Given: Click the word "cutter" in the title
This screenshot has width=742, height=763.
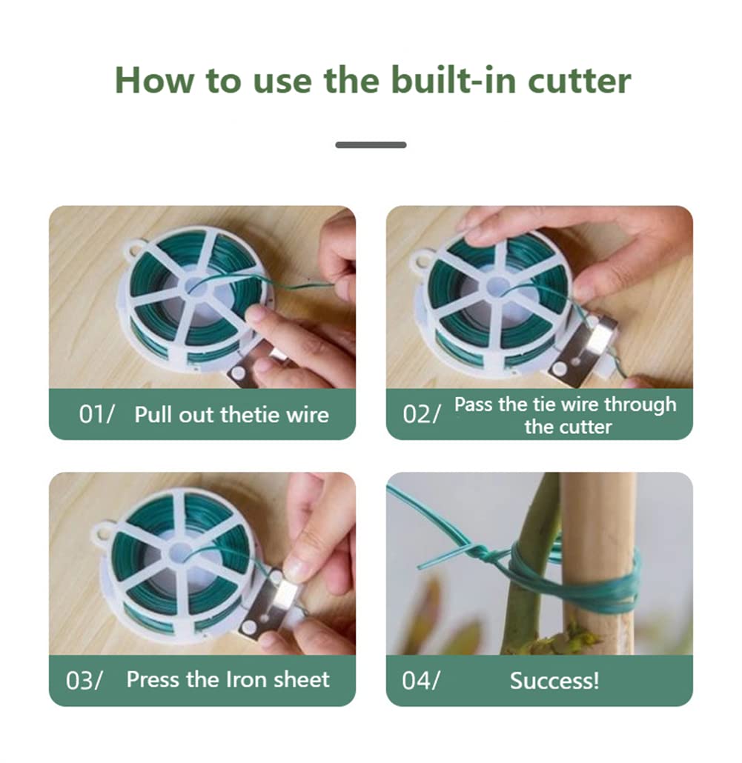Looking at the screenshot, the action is click(579, 80).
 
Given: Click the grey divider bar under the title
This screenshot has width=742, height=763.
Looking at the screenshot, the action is click(371, 144).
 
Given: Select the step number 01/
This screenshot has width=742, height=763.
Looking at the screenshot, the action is click(96, 415).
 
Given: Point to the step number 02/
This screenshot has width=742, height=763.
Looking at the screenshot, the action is click(421, 415).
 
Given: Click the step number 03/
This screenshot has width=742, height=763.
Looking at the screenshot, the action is click(85, 680).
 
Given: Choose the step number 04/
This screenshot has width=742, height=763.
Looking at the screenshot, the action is click(420, 680).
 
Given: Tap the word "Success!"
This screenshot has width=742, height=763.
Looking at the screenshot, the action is click(554, 680).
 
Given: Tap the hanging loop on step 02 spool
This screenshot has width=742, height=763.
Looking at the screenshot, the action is click(422, 259).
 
